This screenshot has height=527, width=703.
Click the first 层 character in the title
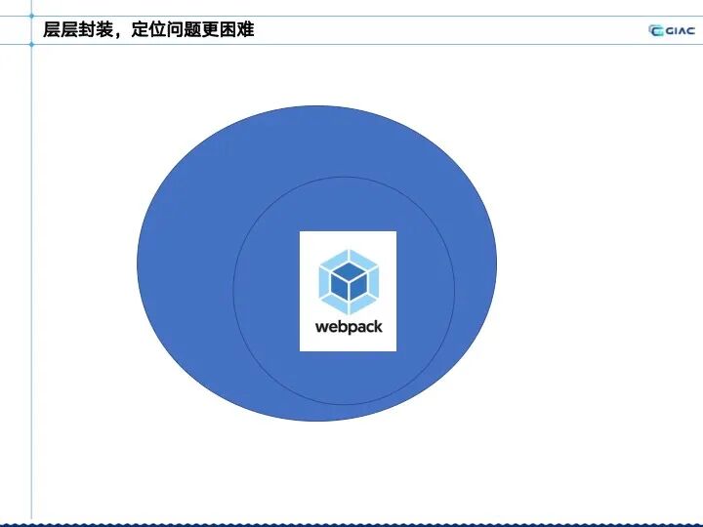[x=51, y=30]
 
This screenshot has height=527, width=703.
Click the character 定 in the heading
[x=140, y=30]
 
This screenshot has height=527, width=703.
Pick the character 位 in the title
[x=157, y=30]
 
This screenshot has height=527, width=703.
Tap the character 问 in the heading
[x=175, y=30]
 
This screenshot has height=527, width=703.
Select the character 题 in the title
[x=192, y=30]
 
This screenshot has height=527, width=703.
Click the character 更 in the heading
[x=210, y=30]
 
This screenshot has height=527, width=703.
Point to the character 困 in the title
[x=227, y=30]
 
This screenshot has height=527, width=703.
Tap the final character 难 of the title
[x=245, y=30]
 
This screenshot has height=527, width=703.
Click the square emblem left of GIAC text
[x=656, y=30]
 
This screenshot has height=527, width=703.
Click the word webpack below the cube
[x=349, y=327]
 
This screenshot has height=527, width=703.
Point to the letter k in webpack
[x=378, y=326]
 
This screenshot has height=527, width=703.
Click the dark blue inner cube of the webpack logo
[x=348, y=281]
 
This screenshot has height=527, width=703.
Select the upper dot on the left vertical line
[x=31, y=16]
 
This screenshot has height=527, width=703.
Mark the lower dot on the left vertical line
[x=31, y=44]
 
